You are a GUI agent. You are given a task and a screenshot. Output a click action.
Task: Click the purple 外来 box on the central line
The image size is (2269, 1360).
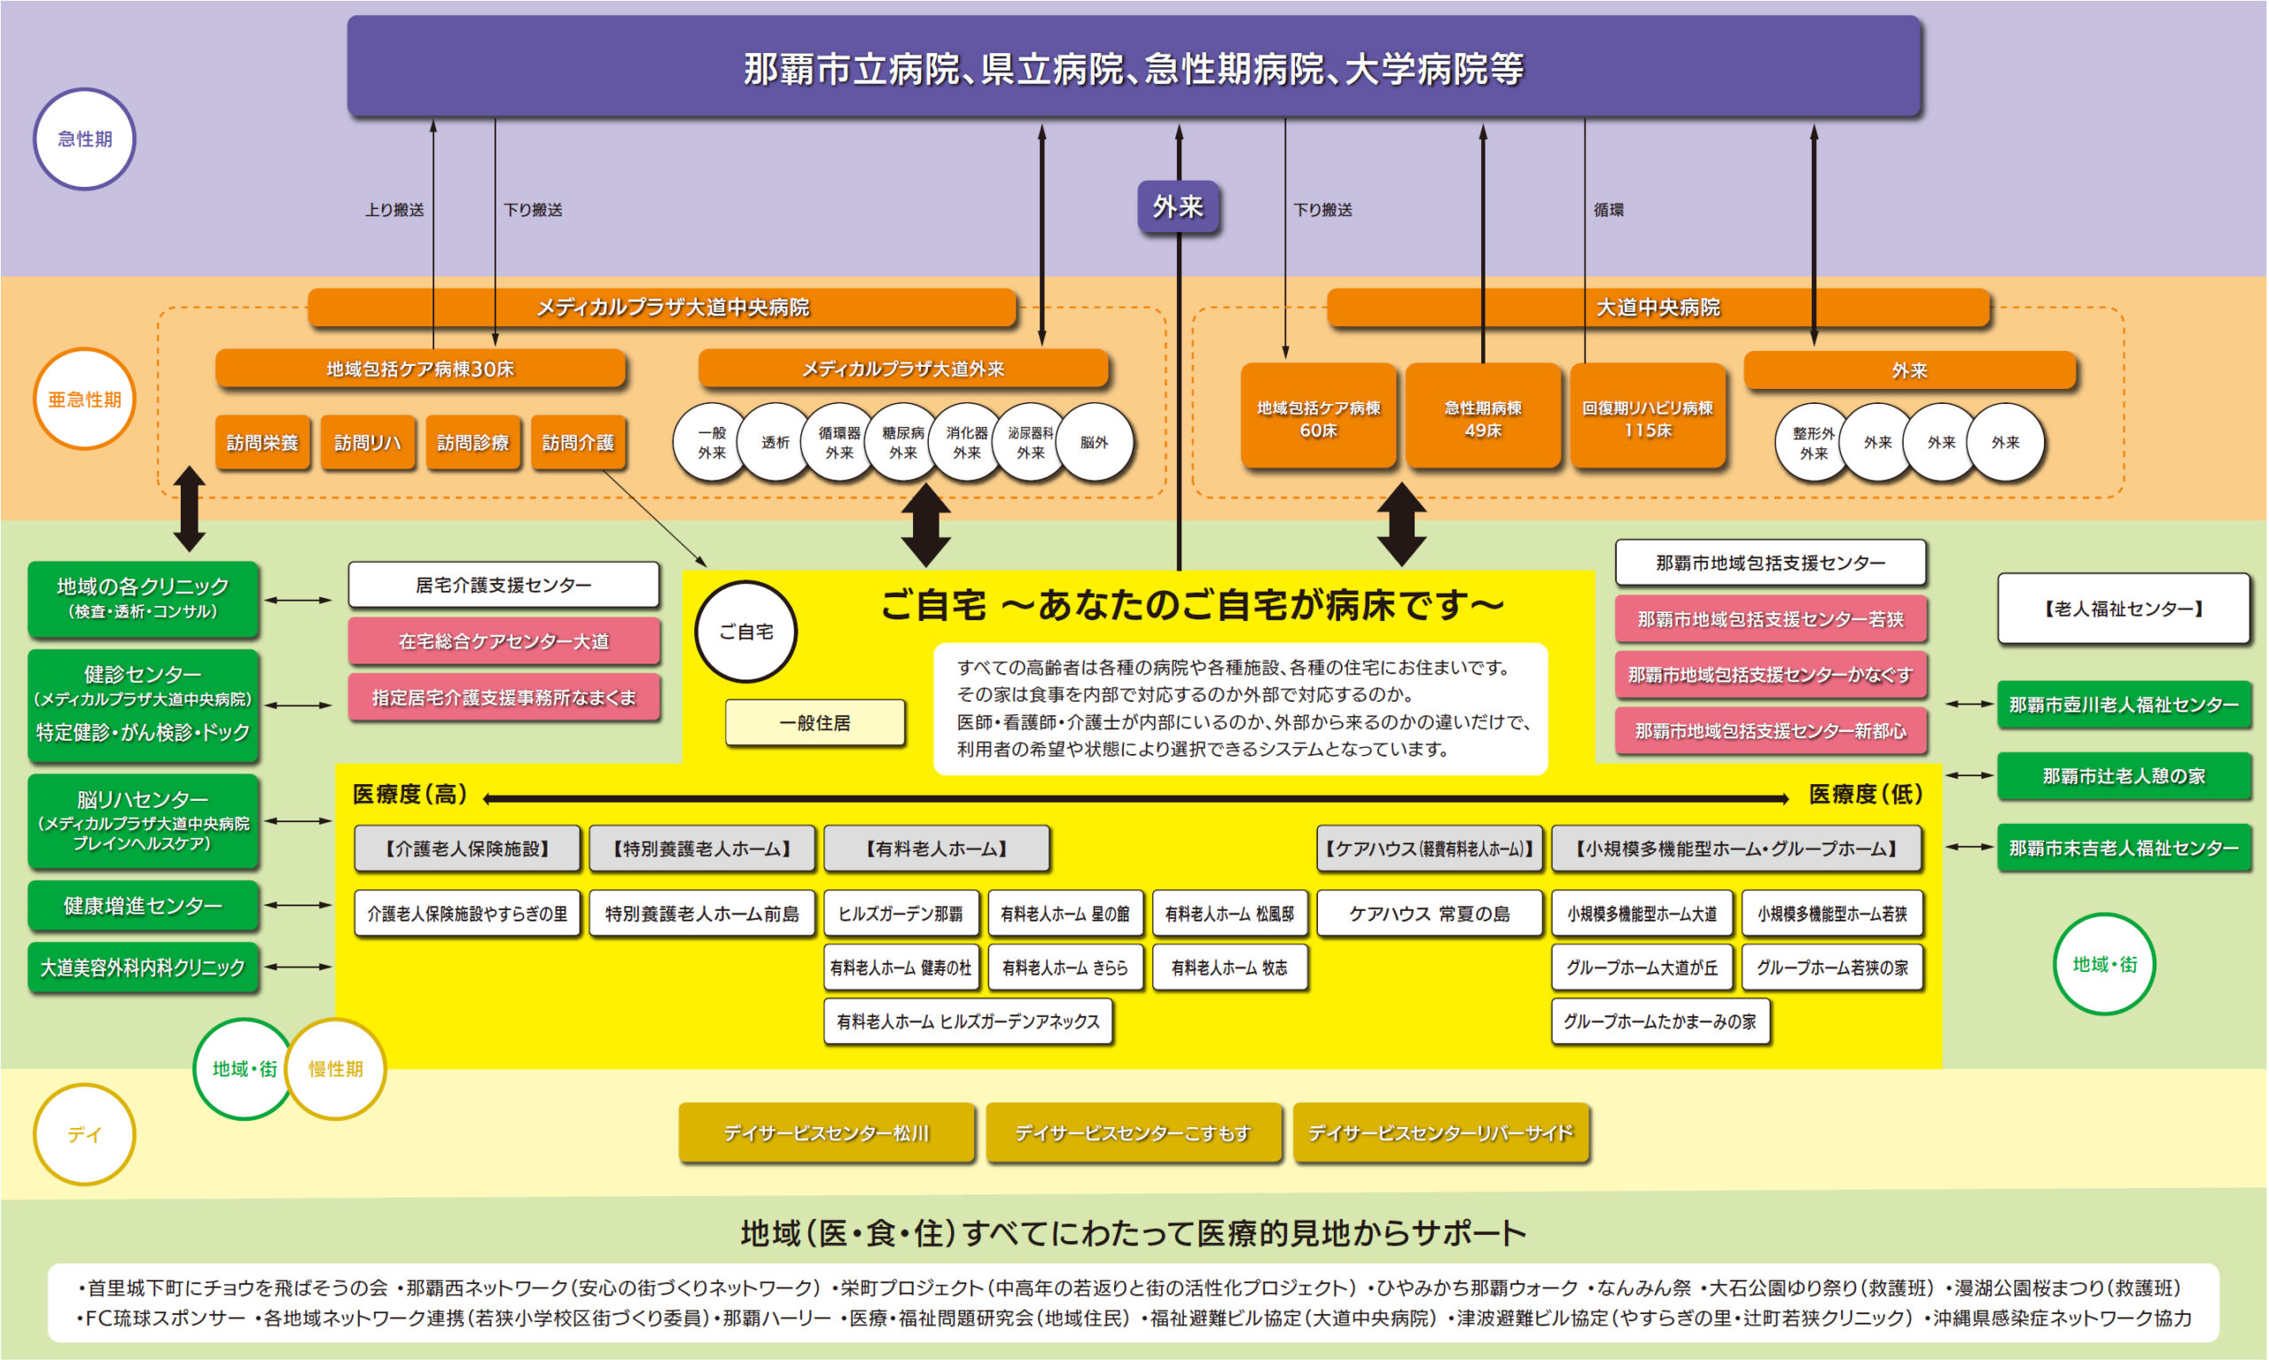pos(1178,207)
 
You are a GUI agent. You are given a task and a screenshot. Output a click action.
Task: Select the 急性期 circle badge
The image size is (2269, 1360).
pos(84,139)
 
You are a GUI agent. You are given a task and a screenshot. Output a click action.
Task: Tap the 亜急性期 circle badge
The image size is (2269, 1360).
pos(84,399)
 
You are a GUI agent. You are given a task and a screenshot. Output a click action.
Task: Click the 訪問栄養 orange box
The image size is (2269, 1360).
pos(262,443)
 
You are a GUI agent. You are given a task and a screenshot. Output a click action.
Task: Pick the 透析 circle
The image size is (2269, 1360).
pos(776,443)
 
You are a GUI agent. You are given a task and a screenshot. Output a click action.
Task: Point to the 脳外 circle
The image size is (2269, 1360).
pos(1095,443)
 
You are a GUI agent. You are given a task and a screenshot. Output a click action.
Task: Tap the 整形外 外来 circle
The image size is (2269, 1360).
pos(1813,443)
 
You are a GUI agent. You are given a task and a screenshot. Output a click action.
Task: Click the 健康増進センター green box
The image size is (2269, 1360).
pos(143,905)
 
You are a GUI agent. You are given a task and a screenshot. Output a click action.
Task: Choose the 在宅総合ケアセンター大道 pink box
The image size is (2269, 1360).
pos(503,641)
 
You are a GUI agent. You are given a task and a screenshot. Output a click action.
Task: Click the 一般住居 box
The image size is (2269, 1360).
pos(815,723)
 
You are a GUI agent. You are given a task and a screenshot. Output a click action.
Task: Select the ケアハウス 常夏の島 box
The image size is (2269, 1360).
pos(1430,913)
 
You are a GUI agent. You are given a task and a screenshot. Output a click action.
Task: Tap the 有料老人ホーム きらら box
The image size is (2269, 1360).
pos(1065,968)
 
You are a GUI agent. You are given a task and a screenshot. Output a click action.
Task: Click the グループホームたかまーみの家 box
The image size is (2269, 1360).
pos(1660,1021)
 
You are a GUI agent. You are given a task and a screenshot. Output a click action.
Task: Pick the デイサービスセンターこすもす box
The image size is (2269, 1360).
pos(1133,1134)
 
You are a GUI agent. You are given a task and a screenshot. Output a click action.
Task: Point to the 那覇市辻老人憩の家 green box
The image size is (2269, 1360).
pos(2125,776)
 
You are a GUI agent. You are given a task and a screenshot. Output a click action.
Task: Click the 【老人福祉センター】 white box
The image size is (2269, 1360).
pos(2124,609)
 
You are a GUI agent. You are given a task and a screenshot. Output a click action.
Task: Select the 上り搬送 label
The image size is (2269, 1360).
pos(395,210)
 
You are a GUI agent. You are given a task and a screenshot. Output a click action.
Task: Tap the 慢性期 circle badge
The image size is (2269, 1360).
pos(336,1069)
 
